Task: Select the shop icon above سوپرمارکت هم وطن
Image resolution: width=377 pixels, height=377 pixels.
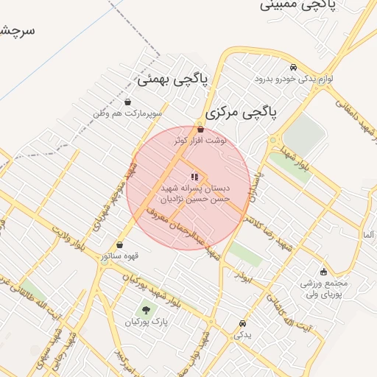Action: click(129, 102)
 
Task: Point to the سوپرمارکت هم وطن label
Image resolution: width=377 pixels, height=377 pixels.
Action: click(127, 114)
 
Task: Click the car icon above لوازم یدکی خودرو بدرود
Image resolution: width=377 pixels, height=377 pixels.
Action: click(294, 67)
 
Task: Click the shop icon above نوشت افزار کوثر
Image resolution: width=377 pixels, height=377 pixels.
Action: click(200, 129)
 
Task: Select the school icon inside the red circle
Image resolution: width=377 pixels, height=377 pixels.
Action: click(194, 177)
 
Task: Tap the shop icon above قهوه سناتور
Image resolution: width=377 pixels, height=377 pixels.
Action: click(120, 245)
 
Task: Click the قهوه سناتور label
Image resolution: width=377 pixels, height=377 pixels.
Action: click(120, 257)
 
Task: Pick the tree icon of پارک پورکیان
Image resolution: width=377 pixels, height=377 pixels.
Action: click(145, 310)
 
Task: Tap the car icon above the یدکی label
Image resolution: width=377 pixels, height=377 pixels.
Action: click(242, 323)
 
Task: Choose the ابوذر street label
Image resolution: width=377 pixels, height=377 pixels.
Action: click(244, 275)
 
